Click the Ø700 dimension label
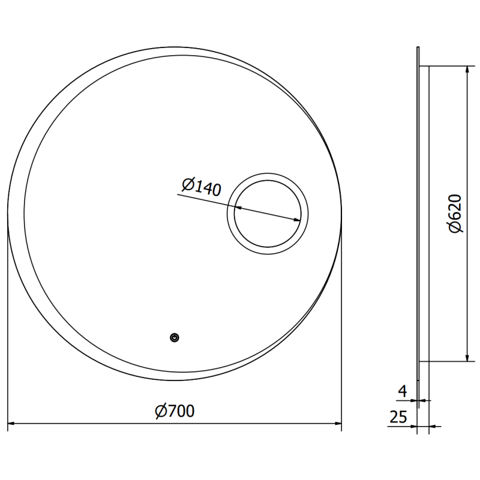[x=174, y=411]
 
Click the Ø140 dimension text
[x=200, y=187]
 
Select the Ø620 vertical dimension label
[x=454, y=213]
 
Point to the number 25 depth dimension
[x=399, y=415]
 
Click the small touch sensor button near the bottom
[x=174, y=338]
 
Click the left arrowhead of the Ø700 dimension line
[x=11, y=423]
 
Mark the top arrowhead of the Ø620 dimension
[x=467, y=68]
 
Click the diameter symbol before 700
[x=160, y=411]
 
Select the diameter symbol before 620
[x=454, y=226]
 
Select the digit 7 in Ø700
[x=171, y=411]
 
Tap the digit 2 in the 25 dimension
[x=395, y=415]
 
